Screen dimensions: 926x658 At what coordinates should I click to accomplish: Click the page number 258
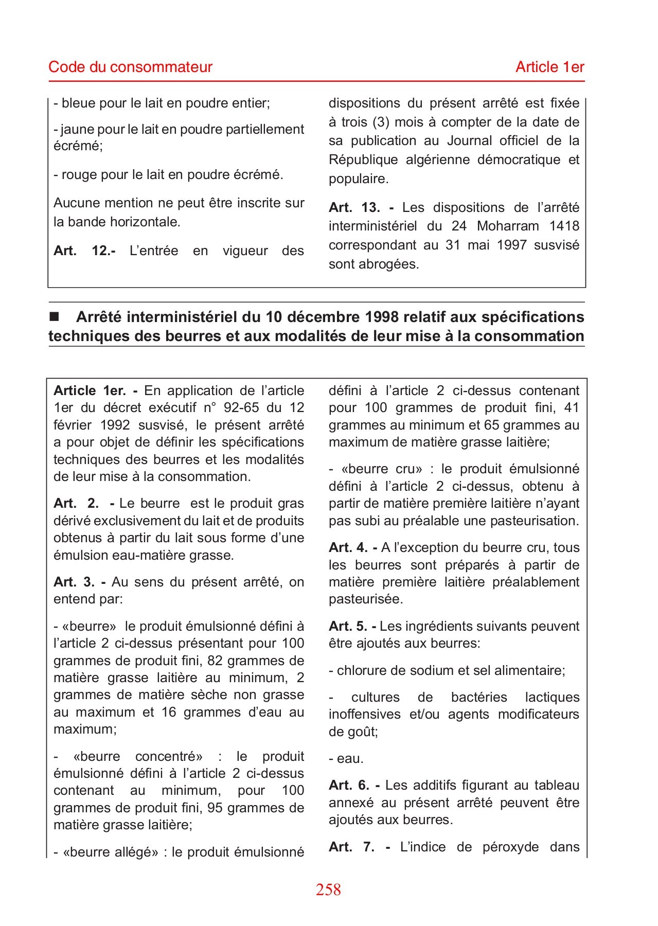click(x=328, y=889)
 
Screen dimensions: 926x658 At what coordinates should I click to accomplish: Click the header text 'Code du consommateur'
click(x=130, y=67)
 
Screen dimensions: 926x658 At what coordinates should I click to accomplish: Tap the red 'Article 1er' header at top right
click(x=550, y=67)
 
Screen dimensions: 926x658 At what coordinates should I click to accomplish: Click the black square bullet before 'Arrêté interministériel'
click(x=54, y=316)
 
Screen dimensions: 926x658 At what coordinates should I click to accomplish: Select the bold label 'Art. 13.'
click(x=354, y=207)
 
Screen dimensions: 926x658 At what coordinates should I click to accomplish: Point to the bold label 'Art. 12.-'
click(x=84, y=251)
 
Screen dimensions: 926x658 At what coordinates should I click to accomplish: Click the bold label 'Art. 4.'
click(x=347, y=547)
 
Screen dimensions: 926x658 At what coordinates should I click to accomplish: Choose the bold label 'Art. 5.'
click(x=347, y=626)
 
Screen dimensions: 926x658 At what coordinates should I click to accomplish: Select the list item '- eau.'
click(x=346, y=758)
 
